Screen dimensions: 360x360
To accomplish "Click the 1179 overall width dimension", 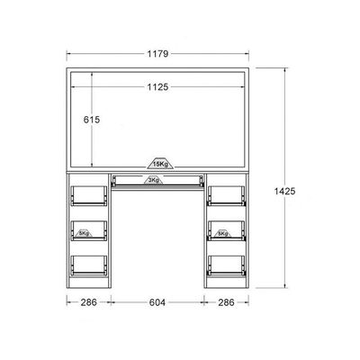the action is (157, 54).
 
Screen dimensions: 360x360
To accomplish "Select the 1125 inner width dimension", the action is (157, 87).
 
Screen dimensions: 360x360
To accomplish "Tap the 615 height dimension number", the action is (92, 120).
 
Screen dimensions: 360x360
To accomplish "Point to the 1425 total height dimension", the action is (284, 191).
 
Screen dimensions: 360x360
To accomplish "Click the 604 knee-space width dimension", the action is (157, 302).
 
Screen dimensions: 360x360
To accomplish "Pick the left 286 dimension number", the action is (89, 302).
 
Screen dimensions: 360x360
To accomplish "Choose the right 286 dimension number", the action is (226, 302).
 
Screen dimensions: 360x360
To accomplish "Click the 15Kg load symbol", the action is (160, 163).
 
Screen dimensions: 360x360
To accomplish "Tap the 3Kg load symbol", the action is (154, 180).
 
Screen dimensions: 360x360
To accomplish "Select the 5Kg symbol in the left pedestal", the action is (85, 233).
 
